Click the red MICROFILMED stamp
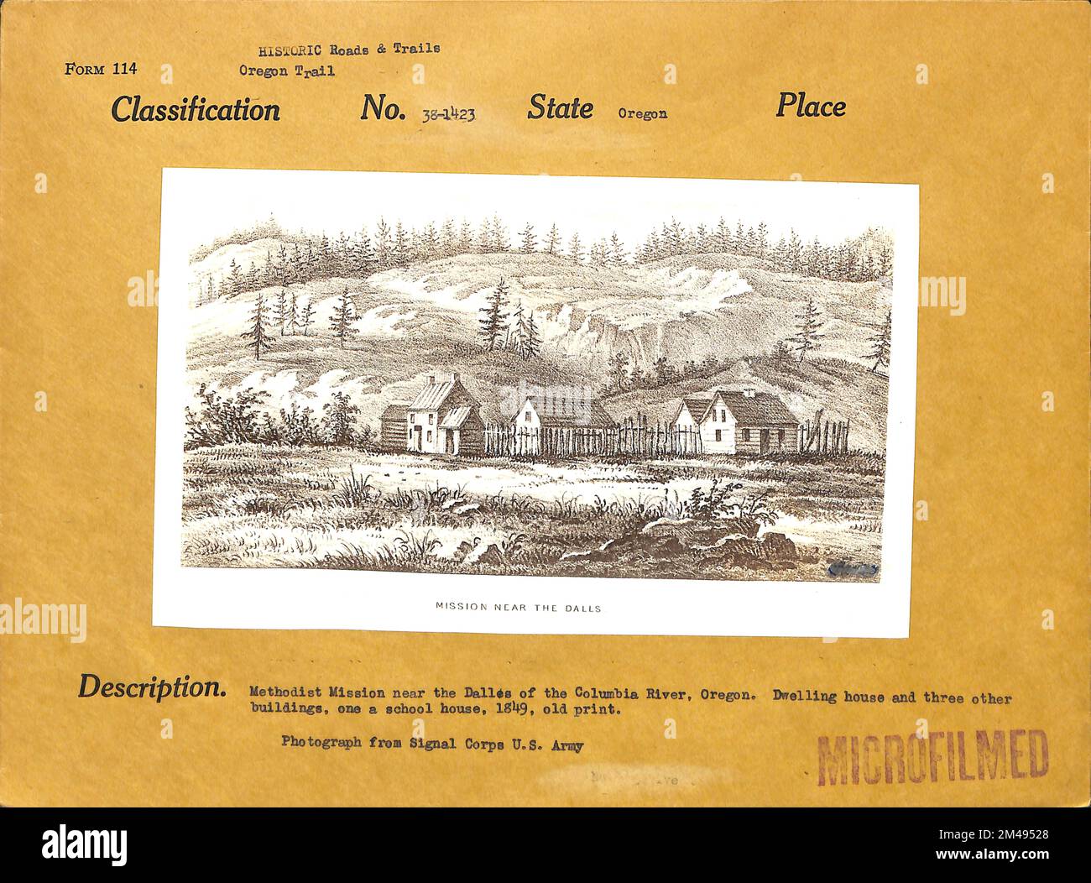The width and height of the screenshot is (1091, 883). pyautogui.click(x=932, y=757)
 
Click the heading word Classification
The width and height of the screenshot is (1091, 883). pyautogui.click(x=196, y=109)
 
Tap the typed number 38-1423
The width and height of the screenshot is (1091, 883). pyautogui.click(x=448, y=114)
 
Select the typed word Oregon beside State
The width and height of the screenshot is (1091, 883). pyautogui.click(x=642, y=113)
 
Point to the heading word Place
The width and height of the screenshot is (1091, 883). pyautogui.click(x=810, y=106)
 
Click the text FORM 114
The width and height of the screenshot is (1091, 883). pyautogui.click(x=100, y=69)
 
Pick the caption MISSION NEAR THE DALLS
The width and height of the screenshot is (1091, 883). pyautogui.click(x=518, y=607)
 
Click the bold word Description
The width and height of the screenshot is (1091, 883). pyautogui.click(x=151, y=687)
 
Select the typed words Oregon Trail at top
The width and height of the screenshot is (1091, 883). pyautogui.click(x=286, y=71)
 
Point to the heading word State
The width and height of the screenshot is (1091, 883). pyautogui.click(x=560, y=107)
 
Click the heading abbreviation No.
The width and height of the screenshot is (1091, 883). pyautogui.click(x=384, y=108)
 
